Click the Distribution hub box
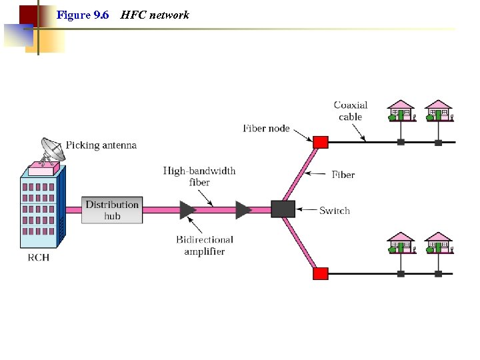pyautogui.click(x=112, y=210)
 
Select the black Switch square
pyautogui.click(x=283, y=209)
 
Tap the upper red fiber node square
pyautogui.click(x=321, y=142)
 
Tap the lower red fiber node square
pyautogui.click(x=321, y=273)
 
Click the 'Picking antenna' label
pyautogui.click(x=101, y=145)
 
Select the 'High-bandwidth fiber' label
pyautogui.click(x=199, y=177)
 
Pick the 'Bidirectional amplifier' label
pyautogui.click(x=205, y=245)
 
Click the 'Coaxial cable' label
pyautogui.click(x=351, y=111)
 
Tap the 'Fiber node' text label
pyautogui.click(x=266, y=128)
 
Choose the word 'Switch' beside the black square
pyautogui.click(x=335, y=211)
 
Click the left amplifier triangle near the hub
pyautogui.click(x=187, y=210)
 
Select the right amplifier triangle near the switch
pyautogui.click(x=243, y=210)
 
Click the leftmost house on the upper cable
pyautogui.click(x=401, y=111)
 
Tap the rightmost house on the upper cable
pyautogui.click(x=438, y=111)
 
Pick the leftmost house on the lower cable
pyautogui.click(x=401, y=243)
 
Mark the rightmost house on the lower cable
pyautogui.click(x=438, y=243)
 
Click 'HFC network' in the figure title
pyautogui.click(x=155, y=15)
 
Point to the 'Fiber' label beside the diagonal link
pyautogui.click(x=343, y=175)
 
